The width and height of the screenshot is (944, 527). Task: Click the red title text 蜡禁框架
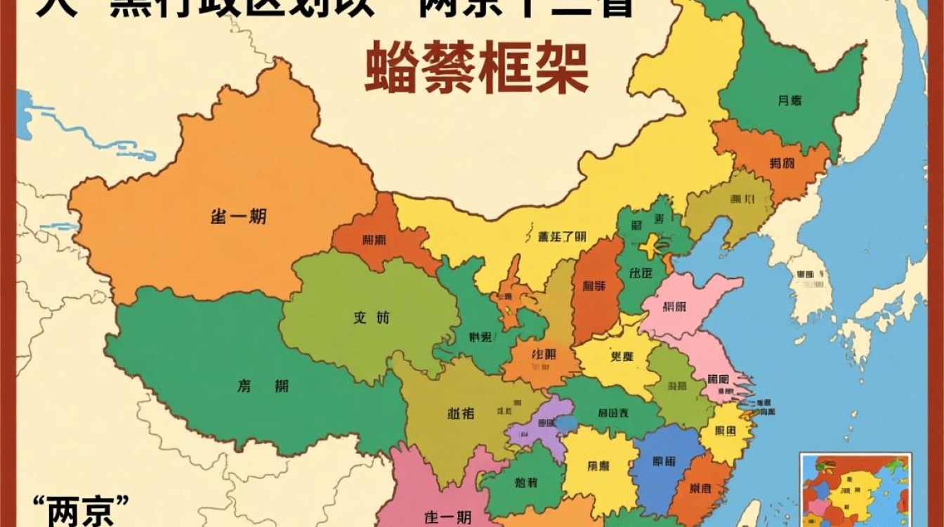click(476, 68)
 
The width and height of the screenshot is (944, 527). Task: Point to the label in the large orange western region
click(238, 217)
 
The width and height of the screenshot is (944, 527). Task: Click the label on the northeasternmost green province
click(789, 100)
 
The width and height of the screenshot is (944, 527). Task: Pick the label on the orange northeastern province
click(781, 164)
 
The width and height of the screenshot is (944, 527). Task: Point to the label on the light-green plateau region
click(371, 318)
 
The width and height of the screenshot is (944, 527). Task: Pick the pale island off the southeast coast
click(750, 513)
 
